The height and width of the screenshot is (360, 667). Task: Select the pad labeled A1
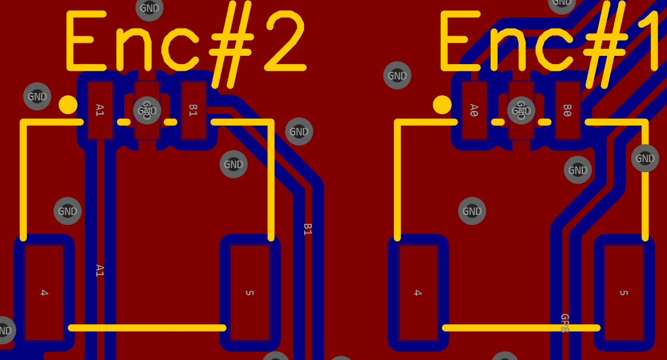pos(100,110)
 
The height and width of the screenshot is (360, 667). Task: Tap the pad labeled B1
pos(193,110)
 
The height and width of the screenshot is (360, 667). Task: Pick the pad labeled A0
pos(474,110)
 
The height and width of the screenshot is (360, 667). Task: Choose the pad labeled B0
pos(567,110)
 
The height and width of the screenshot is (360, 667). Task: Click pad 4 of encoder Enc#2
pos(44,292)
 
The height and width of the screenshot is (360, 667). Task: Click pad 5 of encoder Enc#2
pos(249,292)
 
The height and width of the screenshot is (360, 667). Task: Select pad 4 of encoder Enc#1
pos(418,292)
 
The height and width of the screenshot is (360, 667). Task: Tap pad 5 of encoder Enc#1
pos(624,292)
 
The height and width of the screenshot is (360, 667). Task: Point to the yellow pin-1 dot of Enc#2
pos(68,105)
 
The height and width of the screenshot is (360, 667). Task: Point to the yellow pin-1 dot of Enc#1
pos(442,105)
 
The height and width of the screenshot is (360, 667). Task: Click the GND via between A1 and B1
pos(147,110)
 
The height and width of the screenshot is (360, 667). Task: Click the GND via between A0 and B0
pos(521,110)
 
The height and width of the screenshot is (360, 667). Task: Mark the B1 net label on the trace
pos(308,229)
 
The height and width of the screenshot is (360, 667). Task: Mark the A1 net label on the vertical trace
pos(100,270)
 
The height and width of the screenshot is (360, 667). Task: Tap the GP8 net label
pos(565,323)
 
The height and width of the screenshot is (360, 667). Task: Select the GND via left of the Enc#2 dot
pos(37,96)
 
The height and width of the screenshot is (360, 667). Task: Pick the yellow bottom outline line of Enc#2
pos(147,327)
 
